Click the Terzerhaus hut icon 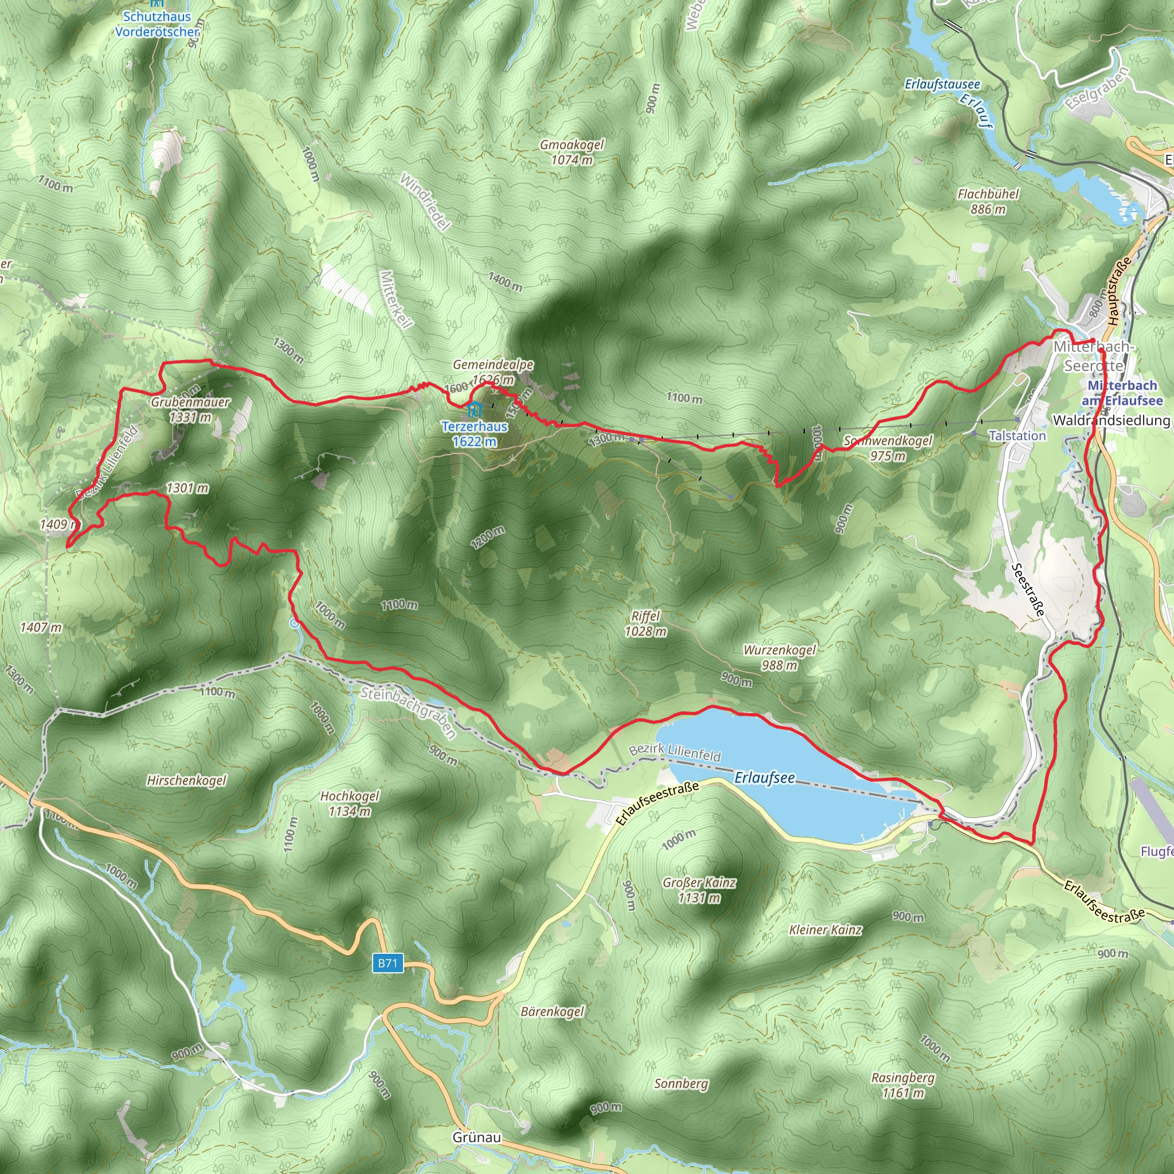(474, 408)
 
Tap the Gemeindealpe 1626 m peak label (493, 372)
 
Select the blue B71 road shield (388, 962)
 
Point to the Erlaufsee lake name (765, 778)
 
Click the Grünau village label (476, 1137)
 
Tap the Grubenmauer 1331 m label (190, 409)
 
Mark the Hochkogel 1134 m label (350, 803)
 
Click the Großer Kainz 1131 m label (699, 890)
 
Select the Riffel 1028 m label (645, 624)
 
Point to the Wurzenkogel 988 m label (780, 657)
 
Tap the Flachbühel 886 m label (988, 201)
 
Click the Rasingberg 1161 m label (903, 1085)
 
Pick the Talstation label (1018, 436)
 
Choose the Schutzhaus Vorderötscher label (156, 24)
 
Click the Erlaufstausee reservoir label (942, 84)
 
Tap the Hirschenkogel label (186, 780)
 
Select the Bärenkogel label (553, 1011)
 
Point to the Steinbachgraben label (408, 712)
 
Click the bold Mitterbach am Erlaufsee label (1122, 393)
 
